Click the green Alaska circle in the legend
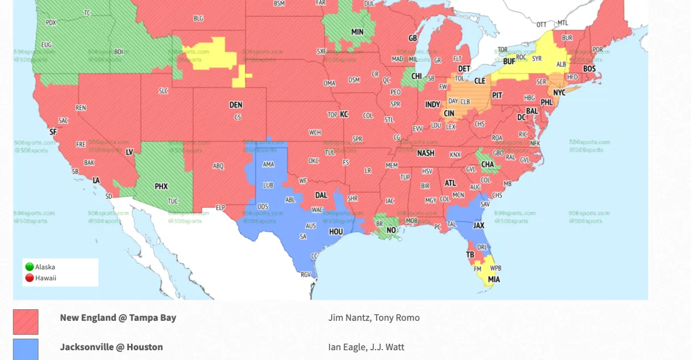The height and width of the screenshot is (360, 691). pos(29,267)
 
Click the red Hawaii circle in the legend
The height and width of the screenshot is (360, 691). pos(29,278)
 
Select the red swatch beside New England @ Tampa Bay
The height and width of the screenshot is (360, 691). pos(26,322)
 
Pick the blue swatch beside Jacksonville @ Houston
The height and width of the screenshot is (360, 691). pos(26,349)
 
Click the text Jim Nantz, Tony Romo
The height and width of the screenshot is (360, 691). pos(374,318)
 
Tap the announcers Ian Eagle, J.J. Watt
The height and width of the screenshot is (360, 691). pos(366,347)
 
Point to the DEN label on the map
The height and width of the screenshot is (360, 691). pos(236,105)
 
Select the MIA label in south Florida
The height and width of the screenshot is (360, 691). pos(494,280)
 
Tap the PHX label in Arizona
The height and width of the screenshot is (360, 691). pos(161,186)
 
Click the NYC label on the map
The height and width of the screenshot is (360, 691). pos(559,92)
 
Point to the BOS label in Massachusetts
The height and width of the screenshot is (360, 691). pos(589,69)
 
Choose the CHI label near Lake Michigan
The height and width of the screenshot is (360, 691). pos(416,76)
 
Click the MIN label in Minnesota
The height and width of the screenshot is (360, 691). pos(357,32)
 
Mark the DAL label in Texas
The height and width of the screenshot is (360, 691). pos(321,196)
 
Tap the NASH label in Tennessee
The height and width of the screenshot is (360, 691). pos(426,153)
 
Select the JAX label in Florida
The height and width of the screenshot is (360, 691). pos(479,226)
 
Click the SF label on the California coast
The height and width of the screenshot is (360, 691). pos(53,132)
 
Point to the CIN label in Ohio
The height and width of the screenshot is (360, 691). pos(449,114)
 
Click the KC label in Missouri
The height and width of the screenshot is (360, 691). pos(344,114)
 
